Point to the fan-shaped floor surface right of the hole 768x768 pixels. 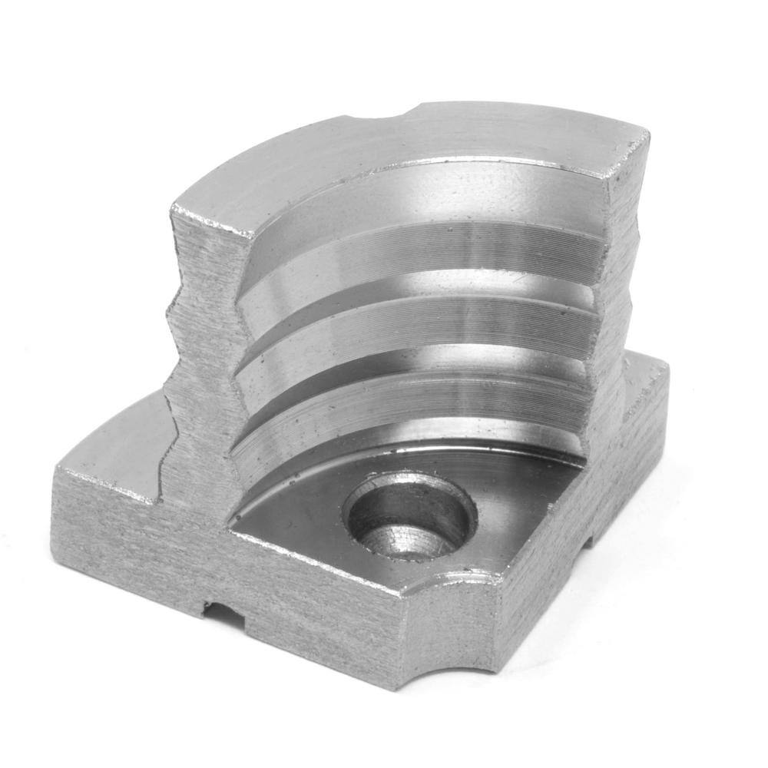(x=515, y=507)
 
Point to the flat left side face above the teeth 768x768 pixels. (x=204, y=253)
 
